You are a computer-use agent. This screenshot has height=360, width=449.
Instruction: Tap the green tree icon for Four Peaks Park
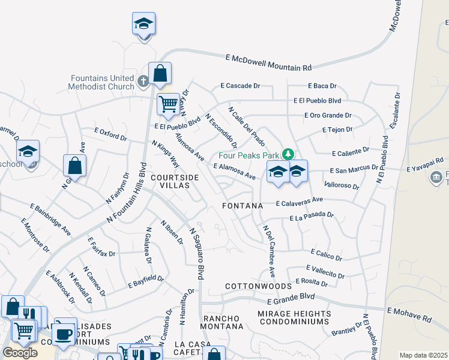pos(288,154)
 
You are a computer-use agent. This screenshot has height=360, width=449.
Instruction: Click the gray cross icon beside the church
pos(143,81)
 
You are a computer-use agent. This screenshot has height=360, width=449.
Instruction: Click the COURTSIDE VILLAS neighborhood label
pos(175,182)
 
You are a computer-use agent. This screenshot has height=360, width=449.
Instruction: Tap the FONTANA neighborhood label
pos(243,206)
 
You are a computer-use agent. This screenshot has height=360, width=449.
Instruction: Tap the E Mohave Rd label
pos(409,313)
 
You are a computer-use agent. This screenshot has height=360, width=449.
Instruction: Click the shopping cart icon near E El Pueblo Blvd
pos(168,104)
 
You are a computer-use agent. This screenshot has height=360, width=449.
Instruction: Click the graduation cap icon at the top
pos(143,24)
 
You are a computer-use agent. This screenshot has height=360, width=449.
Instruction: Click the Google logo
pos(20,353)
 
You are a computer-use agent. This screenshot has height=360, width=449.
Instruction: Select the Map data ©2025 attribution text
pos(423,355)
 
